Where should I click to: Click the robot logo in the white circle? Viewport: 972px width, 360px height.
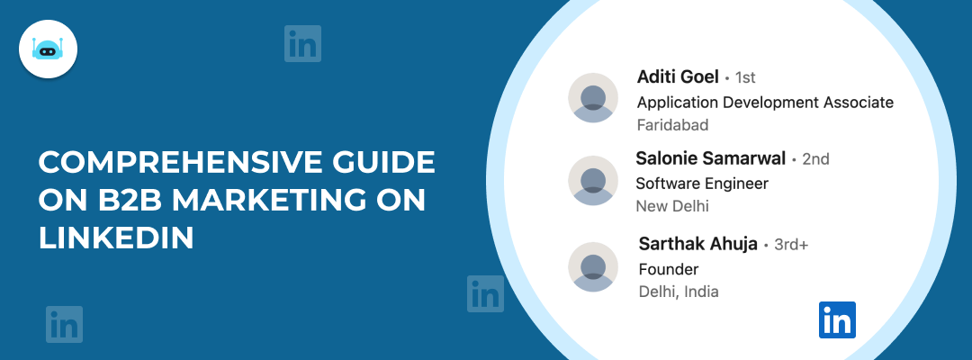48,49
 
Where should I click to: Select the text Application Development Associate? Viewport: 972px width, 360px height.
765,102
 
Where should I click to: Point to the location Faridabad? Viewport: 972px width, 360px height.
672,124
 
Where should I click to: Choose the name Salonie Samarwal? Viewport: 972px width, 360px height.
710,158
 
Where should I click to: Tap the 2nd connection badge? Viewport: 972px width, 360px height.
814,159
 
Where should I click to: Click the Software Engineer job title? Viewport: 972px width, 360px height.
702,184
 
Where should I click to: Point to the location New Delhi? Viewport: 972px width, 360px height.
672,206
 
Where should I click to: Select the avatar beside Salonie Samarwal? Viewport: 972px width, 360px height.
593,180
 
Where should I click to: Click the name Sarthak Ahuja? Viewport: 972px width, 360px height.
697,244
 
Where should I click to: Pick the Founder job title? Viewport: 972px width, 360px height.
668,269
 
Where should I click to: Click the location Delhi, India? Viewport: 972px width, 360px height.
679,292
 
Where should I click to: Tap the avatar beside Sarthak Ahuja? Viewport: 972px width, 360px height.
593,266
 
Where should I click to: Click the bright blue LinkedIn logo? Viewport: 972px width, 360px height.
837,319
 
